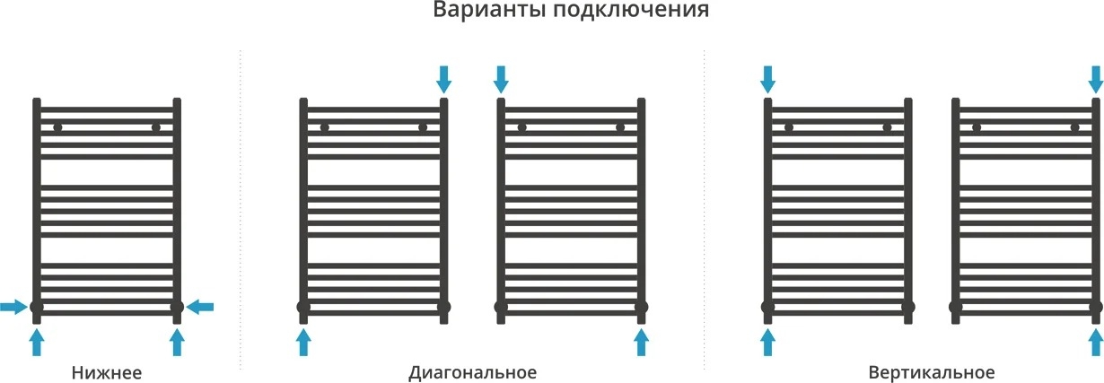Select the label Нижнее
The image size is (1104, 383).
[107, 372]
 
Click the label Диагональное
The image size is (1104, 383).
[472, 372]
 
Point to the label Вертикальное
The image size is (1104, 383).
[932, 372]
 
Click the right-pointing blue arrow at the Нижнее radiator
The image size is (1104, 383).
[13, 307]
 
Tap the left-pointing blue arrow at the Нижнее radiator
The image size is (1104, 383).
[200, 307]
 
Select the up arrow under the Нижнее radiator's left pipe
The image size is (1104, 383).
[37, 342]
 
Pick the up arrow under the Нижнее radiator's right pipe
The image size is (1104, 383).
[177, 342]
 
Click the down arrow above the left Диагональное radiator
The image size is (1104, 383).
[443, 79]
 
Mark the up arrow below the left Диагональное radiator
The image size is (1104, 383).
[303, 342]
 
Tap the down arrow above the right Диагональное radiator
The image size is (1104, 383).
[501, 79]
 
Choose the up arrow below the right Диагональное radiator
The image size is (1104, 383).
[641, 342]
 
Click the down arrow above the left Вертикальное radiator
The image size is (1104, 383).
[768, 79]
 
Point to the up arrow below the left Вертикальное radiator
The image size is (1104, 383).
[768, 342]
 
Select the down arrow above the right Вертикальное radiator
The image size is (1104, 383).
[1096, 79]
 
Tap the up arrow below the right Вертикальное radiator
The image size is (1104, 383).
[1096, 342]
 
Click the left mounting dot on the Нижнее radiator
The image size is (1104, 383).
[57, 128]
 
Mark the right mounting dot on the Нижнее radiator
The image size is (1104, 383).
[156, 128]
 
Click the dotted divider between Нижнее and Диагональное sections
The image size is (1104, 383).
[241, 209]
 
